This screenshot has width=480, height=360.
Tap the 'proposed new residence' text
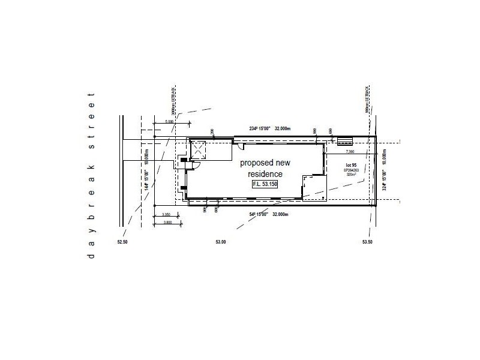[x=265, y=169]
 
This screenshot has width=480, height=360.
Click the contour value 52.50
[x=122, y=242]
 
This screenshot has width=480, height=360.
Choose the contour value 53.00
[x=221, y=242]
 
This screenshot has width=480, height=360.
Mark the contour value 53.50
[x=368, y=242]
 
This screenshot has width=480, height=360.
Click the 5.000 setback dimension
[x=169, y=121]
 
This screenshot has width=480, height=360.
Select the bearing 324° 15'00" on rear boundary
[x=383, y=179]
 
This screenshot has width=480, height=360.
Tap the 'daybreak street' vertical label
[x=92, y=175]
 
